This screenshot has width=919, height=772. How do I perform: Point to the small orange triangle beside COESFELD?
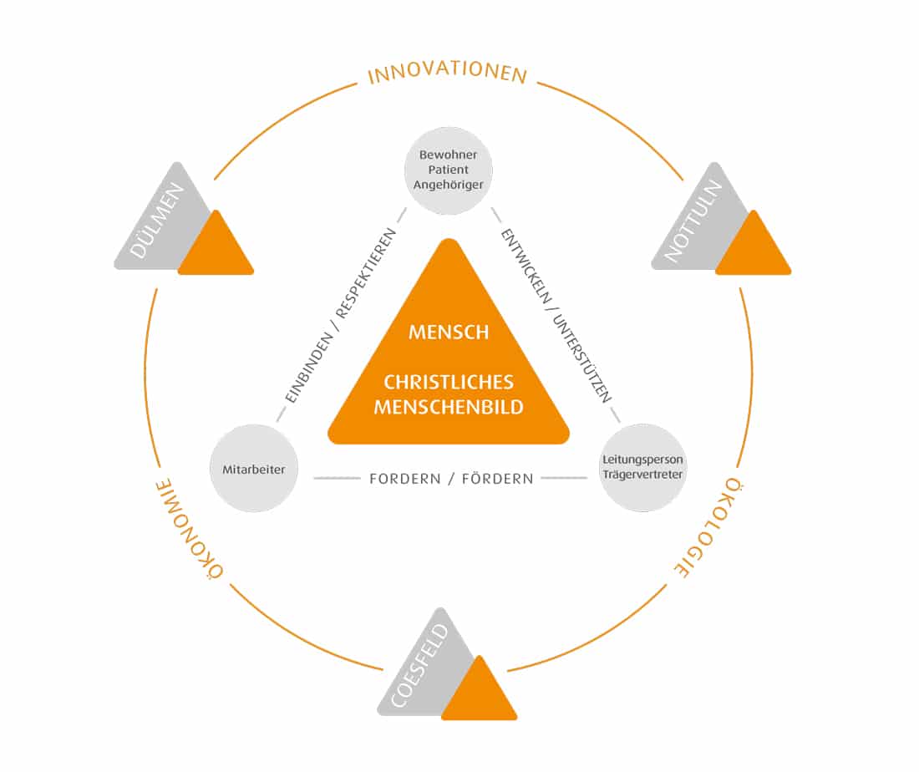click(x=479, y=695)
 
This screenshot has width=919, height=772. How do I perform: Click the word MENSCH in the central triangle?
click(x=449, y=332)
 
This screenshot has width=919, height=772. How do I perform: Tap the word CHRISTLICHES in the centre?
click(x=449, y=382)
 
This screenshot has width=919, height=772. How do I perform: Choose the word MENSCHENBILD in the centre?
click(x=449, y=408)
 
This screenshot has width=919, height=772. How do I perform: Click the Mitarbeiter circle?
click(x=254, y=470)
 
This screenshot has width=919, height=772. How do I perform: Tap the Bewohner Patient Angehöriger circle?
click(x=449, y=170)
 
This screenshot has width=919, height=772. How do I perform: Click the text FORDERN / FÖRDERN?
click(x=451, y=479)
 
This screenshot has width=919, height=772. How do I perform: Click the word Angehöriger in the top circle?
click(x=449, y=185)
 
